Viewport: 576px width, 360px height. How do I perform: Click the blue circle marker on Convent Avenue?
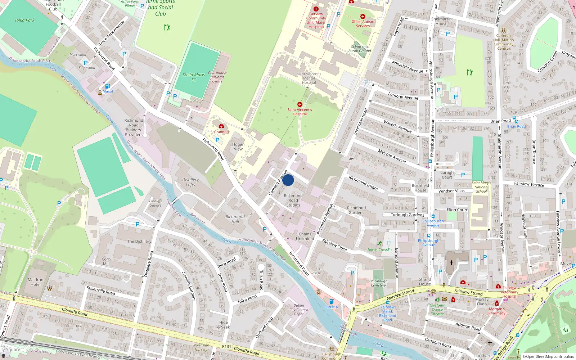(x=288, y=180)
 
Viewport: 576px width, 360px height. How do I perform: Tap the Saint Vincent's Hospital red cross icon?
(x=300, y=104)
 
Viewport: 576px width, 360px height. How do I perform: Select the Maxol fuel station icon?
(x=107, y=86)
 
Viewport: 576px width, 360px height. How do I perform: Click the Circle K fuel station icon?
(x=332, y=301)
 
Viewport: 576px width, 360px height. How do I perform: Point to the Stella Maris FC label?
(x=194, y=77)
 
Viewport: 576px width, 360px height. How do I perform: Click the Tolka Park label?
(x=24, y=20)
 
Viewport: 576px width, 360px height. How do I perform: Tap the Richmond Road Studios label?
(x=293, y=201)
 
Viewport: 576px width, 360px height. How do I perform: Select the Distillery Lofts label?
(x=190, y=182)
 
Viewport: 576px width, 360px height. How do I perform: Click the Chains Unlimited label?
(x=305, y=236)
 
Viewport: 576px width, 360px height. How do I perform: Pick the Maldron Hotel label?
(x=36, y=282)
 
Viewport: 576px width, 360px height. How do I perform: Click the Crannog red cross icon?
(x=221, y=126)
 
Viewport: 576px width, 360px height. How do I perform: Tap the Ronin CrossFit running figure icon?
(x=379, y=244)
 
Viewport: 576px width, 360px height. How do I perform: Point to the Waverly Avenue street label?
(x=397, y=126)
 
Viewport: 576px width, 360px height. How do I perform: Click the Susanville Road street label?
(x=101, y=291)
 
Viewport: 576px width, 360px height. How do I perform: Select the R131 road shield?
(x=227, y=346)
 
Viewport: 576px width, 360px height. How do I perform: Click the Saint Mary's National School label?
(x=481, y=187)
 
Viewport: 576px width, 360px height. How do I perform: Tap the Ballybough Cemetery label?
(x=378, y=283)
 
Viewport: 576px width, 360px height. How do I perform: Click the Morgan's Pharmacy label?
(x=497, y=311)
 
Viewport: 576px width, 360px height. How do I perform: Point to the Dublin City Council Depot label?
(x=299, y=310)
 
